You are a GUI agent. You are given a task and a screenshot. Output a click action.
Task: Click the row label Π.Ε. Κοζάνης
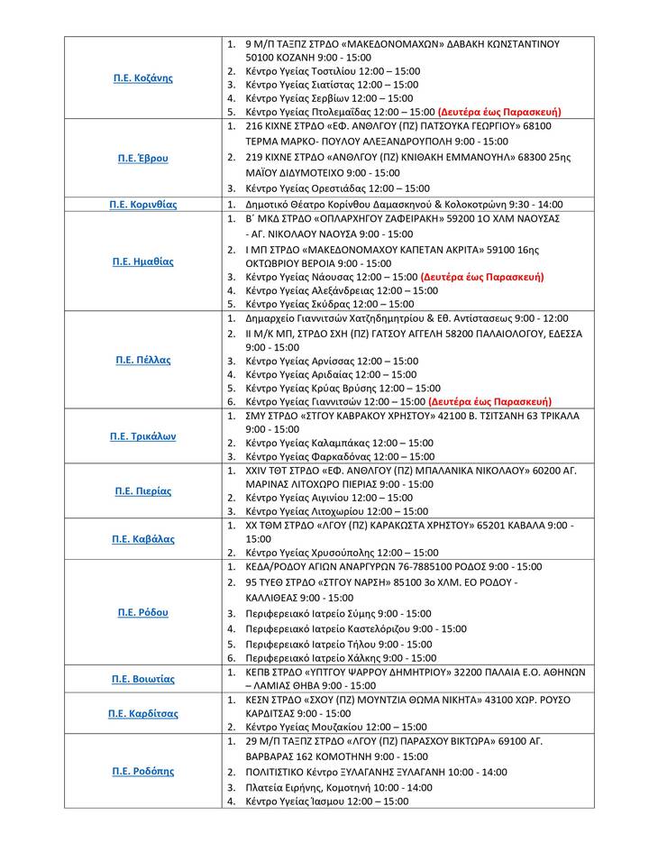tap(143, 78)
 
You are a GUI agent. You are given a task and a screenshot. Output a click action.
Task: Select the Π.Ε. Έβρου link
tap(143, 158)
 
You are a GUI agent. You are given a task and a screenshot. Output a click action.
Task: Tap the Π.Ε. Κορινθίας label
tap(143, 205)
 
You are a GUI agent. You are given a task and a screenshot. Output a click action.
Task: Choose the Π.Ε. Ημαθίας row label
tap(143, 261)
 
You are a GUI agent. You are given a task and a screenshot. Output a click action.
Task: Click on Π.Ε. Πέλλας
tap(143, 360)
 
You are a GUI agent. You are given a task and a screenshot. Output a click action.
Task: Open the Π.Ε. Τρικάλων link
tap(143, 436)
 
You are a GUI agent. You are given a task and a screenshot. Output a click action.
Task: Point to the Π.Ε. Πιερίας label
tap(143, 491)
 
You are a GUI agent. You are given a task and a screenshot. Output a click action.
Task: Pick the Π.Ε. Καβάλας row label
tap(143, 539)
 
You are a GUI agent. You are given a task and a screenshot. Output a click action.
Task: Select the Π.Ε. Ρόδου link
tap(143, 612)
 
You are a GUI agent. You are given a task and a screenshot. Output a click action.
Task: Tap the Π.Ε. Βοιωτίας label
tap(143, 679)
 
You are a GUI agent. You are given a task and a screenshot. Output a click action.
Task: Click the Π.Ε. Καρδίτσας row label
tap(143, 713)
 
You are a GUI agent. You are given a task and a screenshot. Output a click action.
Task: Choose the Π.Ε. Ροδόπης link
tap(143, 771)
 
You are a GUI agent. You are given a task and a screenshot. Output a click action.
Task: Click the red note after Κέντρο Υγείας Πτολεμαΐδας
tap(499, 112)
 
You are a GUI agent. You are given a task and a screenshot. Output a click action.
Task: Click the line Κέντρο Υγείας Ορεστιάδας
tap(337, 188)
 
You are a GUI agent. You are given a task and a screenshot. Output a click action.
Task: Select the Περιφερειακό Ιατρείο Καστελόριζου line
tap(355, 628)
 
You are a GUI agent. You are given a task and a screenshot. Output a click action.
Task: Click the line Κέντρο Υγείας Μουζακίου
tap(335, 727)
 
